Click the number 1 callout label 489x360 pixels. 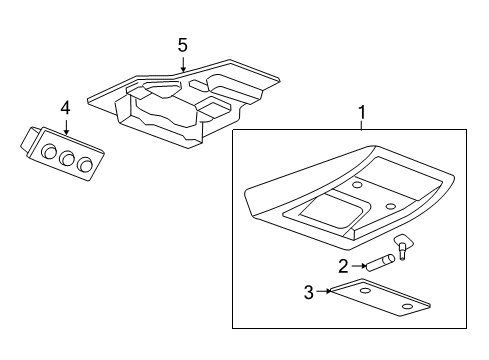(x=362, y=114)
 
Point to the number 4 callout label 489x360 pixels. (x=65, y=107)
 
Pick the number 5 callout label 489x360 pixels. (x=182, y=45)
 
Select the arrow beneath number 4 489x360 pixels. (x=65, y=125)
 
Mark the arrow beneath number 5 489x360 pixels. (x=182, y=64)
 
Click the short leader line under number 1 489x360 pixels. (x=362, y=127)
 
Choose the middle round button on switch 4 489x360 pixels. (x=66, y=157)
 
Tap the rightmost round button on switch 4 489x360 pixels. (x=85, y=165)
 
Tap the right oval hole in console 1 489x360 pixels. (x=391, y=206)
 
